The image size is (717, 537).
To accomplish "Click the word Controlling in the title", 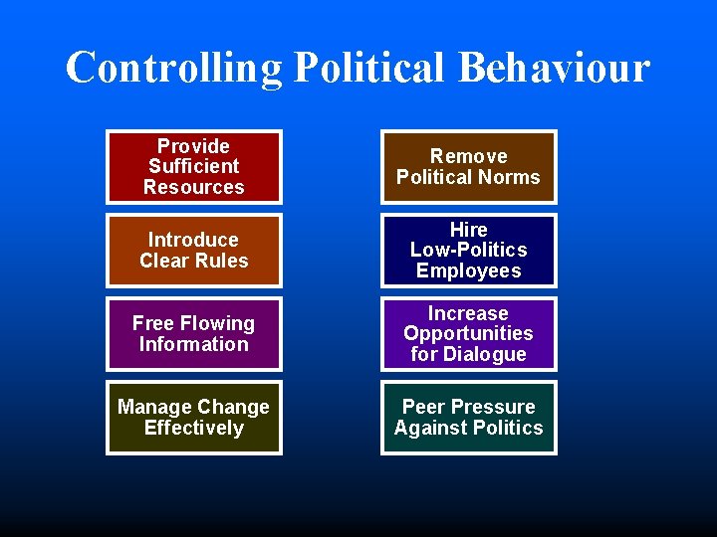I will (174, 69).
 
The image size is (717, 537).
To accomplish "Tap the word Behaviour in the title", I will (554, 69).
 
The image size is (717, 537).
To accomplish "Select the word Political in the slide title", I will (368, 69).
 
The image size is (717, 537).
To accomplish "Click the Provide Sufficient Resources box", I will (194, 167).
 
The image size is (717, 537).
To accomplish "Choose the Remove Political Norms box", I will (468, 167).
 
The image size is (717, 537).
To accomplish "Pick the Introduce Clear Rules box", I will (194, 251).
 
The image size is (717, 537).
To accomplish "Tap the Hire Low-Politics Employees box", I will (468, 251).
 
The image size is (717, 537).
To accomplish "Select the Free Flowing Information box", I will (194, 334).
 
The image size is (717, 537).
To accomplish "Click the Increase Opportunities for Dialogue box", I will (468, 334).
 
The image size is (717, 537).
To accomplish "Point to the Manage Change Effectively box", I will (194, 418).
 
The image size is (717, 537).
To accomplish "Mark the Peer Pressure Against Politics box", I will (468, 418).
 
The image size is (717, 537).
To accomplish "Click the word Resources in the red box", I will (194, 187).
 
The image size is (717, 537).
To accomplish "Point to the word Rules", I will (223, 261).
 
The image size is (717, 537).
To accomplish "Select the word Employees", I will (468, 270).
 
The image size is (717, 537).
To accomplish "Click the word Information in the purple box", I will (194, 344).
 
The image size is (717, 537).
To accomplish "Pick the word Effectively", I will (194, 428).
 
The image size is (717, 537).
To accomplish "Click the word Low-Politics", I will (468, 250).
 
